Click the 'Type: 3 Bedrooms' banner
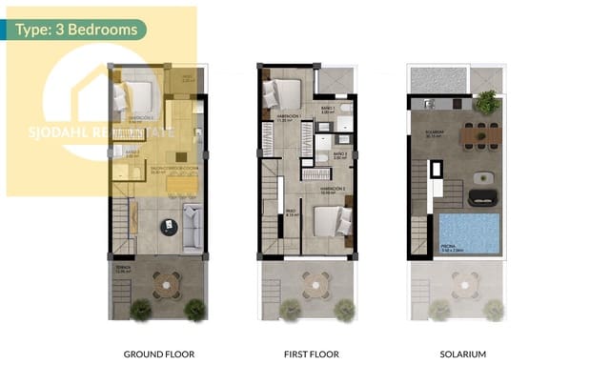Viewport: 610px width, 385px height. [x=75, y=30]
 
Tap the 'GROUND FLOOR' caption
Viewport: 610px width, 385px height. [x=159, y=355]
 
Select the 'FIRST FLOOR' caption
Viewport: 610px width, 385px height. [x=312, y=355]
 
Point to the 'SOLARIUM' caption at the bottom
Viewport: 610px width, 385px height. [x=463, y=355]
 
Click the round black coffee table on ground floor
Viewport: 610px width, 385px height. [x=169, y=227]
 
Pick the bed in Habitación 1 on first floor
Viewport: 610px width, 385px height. [x=284, y=96]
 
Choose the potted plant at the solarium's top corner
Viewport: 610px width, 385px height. [x=487, y=100]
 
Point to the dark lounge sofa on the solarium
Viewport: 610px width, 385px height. [x=480, y=197]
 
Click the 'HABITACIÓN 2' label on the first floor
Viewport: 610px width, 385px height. [x=333, y=189]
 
